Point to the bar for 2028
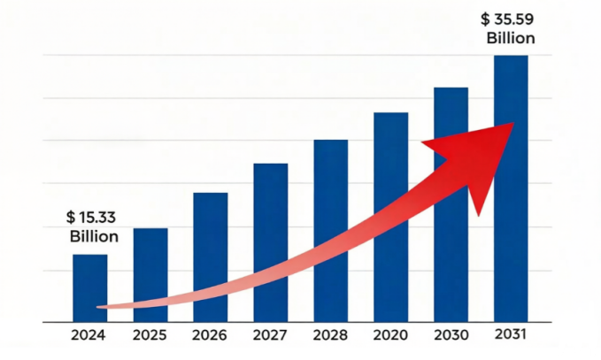(330, 177)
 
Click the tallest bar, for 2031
(511, 88)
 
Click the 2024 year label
(89, 335)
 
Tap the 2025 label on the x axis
(150, 335)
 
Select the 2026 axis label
(210, 335)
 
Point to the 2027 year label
(270, 335)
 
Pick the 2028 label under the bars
(330, 335)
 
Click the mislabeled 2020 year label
(390, 335)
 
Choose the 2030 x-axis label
(451, 335)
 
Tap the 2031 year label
(512, 334)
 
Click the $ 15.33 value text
(91, 218)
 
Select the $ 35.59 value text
(509, 18)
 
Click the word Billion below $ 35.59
(511, 38)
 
